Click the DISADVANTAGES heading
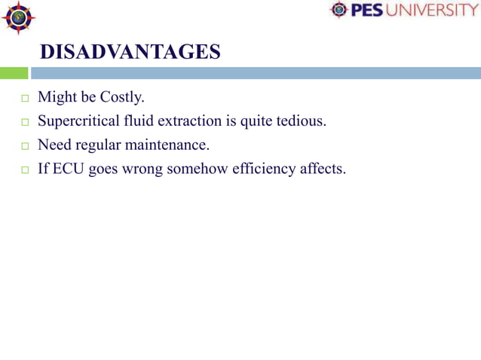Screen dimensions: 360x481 (x=130, y=52)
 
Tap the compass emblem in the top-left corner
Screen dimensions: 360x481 (x=17, y=18)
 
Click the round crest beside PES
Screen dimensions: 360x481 (x=340, y=10)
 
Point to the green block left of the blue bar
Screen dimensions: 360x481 (x=14, y=73)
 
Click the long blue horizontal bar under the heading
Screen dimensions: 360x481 (x=255, y=73)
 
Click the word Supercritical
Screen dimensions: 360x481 (x=81, y=121)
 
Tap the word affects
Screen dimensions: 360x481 (x=322, y=169)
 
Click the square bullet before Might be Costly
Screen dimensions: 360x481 (x=24, y=99)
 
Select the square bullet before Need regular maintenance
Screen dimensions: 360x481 (x=24, y=146)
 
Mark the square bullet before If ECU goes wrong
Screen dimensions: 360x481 (x=24, y=170)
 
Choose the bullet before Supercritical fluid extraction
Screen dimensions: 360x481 (x=24, y=122)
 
